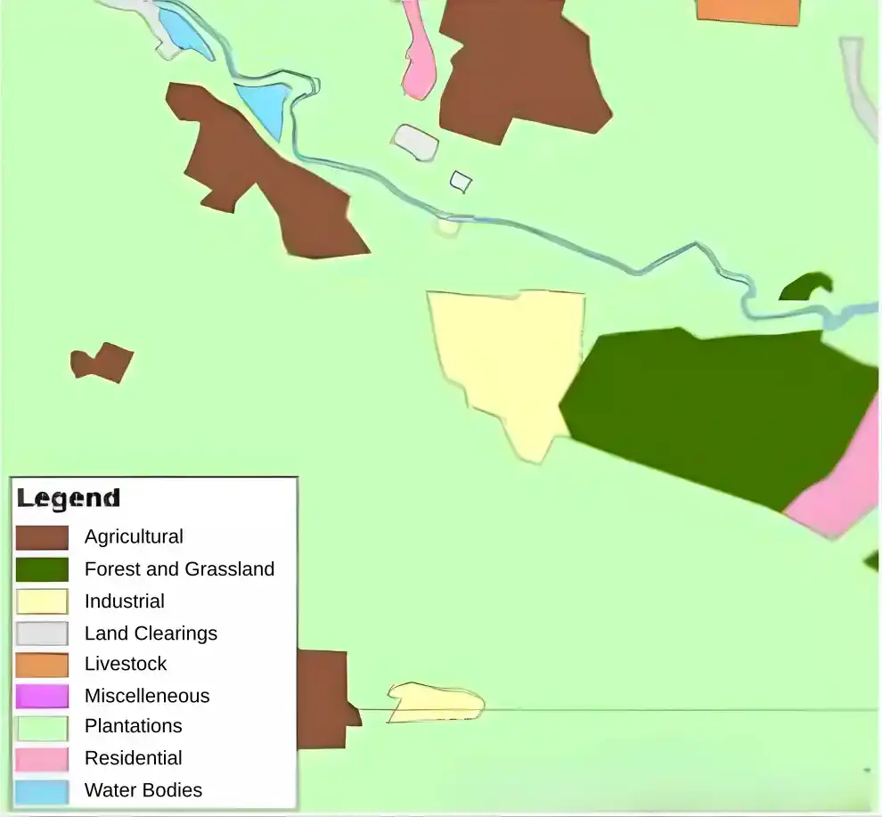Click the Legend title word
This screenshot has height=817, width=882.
pos(68,498)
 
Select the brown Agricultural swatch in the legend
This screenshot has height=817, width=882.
pos(42,537)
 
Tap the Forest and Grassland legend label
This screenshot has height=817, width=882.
pos(179,569)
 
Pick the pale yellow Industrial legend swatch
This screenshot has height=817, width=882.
pos(42,601)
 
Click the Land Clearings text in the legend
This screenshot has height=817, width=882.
pos(151,633)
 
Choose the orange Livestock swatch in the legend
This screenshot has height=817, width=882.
pos(42,665)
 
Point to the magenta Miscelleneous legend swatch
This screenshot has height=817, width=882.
pos(42,696)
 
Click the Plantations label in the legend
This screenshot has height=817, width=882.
pos(133,726)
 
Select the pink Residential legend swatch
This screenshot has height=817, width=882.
pos(42,759)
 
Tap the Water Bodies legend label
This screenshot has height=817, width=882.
pos(143,790)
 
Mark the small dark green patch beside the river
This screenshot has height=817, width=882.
pos(806,288)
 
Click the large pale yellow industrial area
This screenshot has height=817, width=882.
pos(508,356)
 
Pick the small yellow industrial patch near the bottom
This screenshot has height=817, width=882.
pos(435,702)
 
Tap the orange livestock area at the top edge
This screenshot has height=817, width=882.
pos(748,10)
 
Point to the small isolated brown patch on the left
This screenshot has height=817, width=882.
pos(102,362)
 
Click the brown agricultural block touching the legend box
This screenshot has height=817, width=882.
pos(323,699)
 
